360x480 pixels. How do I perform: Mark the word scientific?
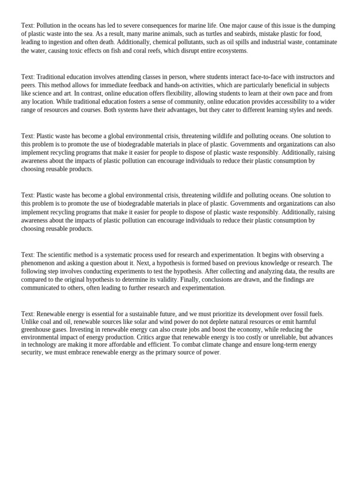click(62, 255)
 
